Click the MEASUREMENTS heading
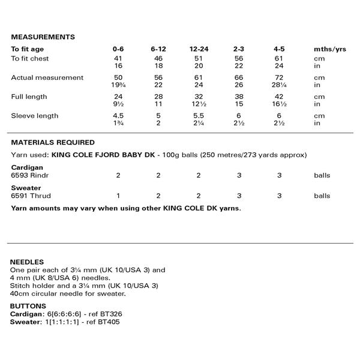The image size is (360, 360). (42, 37)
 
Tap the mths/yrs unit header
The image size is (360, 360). (329, 49)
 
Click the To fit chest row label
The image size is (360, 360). (30, 58)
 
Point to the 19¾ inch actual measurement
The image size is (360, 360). (119, 85)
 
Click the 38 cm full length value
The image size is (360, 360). (240, 97)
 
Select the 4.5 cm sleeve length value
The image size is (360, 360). (119, 116)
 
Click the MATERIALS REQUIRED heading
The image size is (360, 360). (53, 143)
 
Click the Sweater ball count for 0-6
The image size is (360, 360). (119, 196)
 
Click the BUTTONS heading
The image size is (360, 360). (28, 306)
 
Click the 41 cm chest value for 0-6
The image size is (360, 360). (119, 58)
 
